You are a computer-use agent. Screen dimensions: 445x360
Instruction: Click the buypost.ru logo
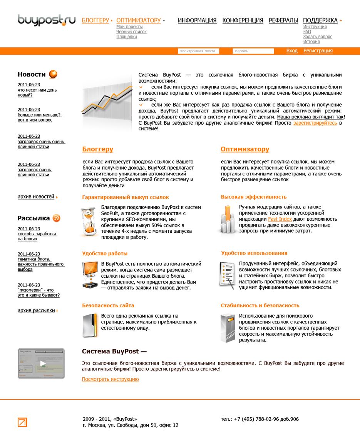[x=47, y=20]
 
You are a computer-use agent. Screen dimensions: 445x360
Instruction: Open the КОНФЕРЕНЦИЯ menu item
[x=243, y=20]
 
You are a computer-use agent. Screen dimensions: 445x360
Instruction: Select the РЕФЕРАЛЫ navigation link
[x=283, y=20]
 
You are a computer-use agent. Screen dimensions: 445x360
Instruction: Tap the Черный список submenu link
[x=131, y=32]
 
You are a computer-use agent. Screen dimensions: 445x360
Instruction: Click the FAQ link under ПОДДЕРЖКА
[x=307, y=32]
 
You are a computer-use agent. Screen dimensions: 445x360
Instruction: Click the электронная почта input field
[x=198, y=51]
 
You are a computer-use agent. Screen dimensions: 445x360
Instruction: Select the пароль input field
[x=253, y=51]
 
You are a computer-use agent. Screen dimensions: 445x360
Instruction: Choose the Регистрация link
[x=318, y=51]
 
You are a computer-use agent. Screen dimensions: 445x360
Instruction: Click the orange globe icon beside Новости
[x=53, y=74]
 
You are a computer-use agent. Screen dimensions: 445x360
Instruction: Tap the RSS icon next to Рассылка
[x=57, y=218]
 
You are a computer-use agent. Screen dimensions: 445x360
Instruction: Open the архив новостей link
[x=36, y=197]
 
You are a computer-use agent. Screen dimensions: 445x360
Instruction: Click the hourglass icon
[x=89, y=222]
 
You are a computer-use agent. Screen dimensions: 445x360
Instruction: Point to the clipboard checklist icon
[x=227, y=275]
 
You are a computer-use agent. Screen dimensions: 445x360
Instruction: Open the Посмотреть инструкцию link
[x=110, y=379]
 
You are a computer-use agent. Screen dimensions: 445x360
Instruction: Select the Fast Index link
[x=280, y=219]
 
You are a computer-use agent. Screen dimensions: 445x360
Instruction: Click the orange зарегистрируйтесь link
[x=315, y=123]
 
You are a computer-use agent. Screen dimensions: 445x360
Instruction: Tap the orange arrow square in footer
[x=22, y=422]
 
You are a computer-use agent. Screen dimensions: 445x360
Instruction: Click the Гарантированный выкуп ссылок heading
[x=126, y=197]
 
